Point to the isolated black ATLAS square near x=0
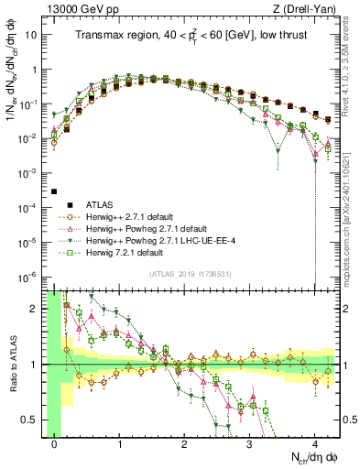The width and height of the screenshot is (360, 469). [x=54, y=191]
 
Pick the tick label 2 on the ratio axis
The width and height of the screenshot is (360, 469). [x=37, y=308]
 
